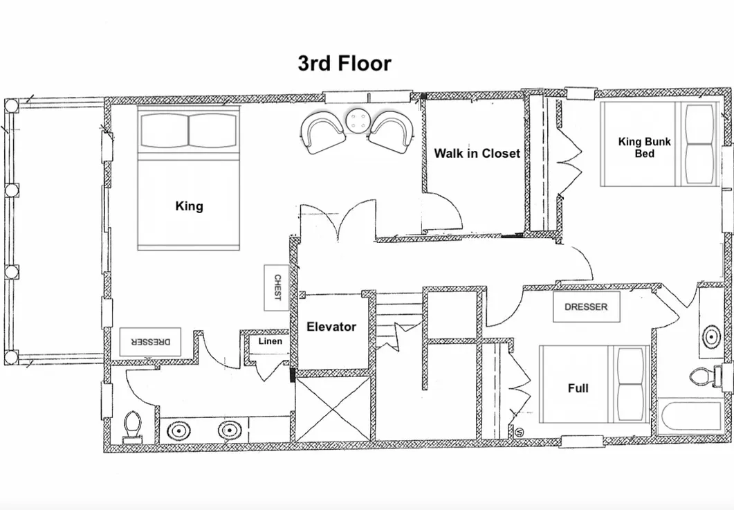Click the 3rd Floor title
[x=345, y=63]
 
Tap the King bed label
[x=189, y=206]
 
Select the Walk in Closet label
[x=477, y=153]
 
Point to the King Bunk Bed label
[x=645, y=147]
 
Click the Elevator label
[x=331, y=327]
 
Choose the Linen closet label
[x=270, y=341]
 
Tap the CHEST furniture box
[x=277, y=288]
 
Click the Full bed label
[x=578, y=388]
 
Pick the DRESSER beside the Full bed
[x=587, y=307]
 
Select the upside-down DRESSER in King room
[x=150, y=342]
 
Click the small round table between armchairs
[x=358, y=121]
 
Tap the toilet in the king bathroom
[x=132, y=427]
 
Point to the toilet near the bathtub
[x=706, y=376]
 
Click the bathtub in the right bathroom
[x=689, y=417]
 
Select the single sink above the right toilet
[x=711, y=336]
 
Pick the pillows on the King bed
[x=189, y=131]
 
